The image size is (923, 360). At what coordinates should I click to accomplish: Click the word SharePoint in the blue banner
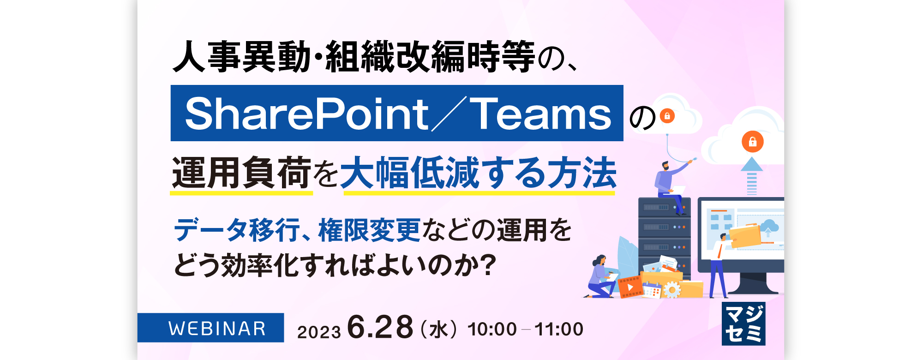[x=307, y=114]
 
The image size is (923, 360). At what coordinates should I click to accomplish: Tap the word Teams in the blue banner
[x=543, y=114]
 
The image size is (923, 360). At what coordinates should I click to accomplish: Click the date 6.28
[x=380, y=327]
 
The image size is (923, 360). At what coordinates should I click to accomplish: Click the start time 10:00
[x=492, y=330]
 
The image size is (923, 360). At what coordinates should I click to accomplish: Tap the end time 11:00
[x=559, y=330]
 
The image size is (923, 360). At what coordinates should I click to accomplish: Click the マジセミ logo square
[x=743, y=324]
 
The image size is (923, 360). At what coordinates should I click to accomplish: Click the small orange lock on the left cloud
[x=667, y=115]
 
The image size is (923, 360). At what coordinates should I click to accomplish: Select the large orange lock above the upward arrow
[x=752, y=141]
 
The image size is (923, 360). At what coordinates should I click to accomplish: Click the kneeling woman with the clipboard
[x=601, y=277]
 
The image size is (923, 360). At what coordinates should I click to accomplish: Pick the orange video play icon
[x=630, y=287]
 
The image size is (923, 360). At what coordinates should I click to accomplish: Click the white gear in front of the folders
[x=672, y=290]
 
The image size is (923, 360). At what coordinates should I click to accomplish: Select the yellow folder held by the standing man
[x=744, y=235]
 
